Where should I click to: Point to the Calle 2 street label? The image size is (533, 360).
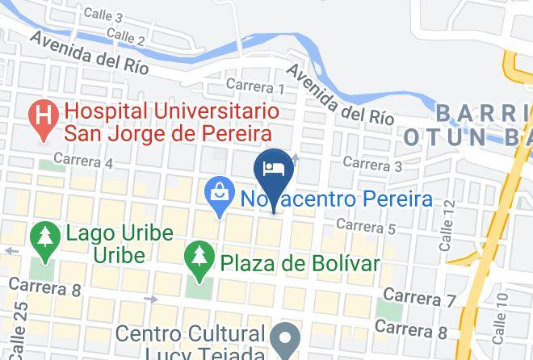(125, 36)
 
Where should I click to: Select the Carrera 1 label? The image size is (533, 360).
(255, 86)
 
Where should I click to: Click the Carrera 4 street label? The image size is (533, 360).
(83, 161)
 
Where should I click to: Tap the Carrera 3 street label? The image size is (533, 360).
(372, 164)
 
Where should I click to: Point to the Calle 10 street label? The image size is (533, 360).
(502, 311)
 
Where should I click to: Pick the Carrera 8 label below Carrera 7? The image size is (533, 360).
(410, 329)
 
